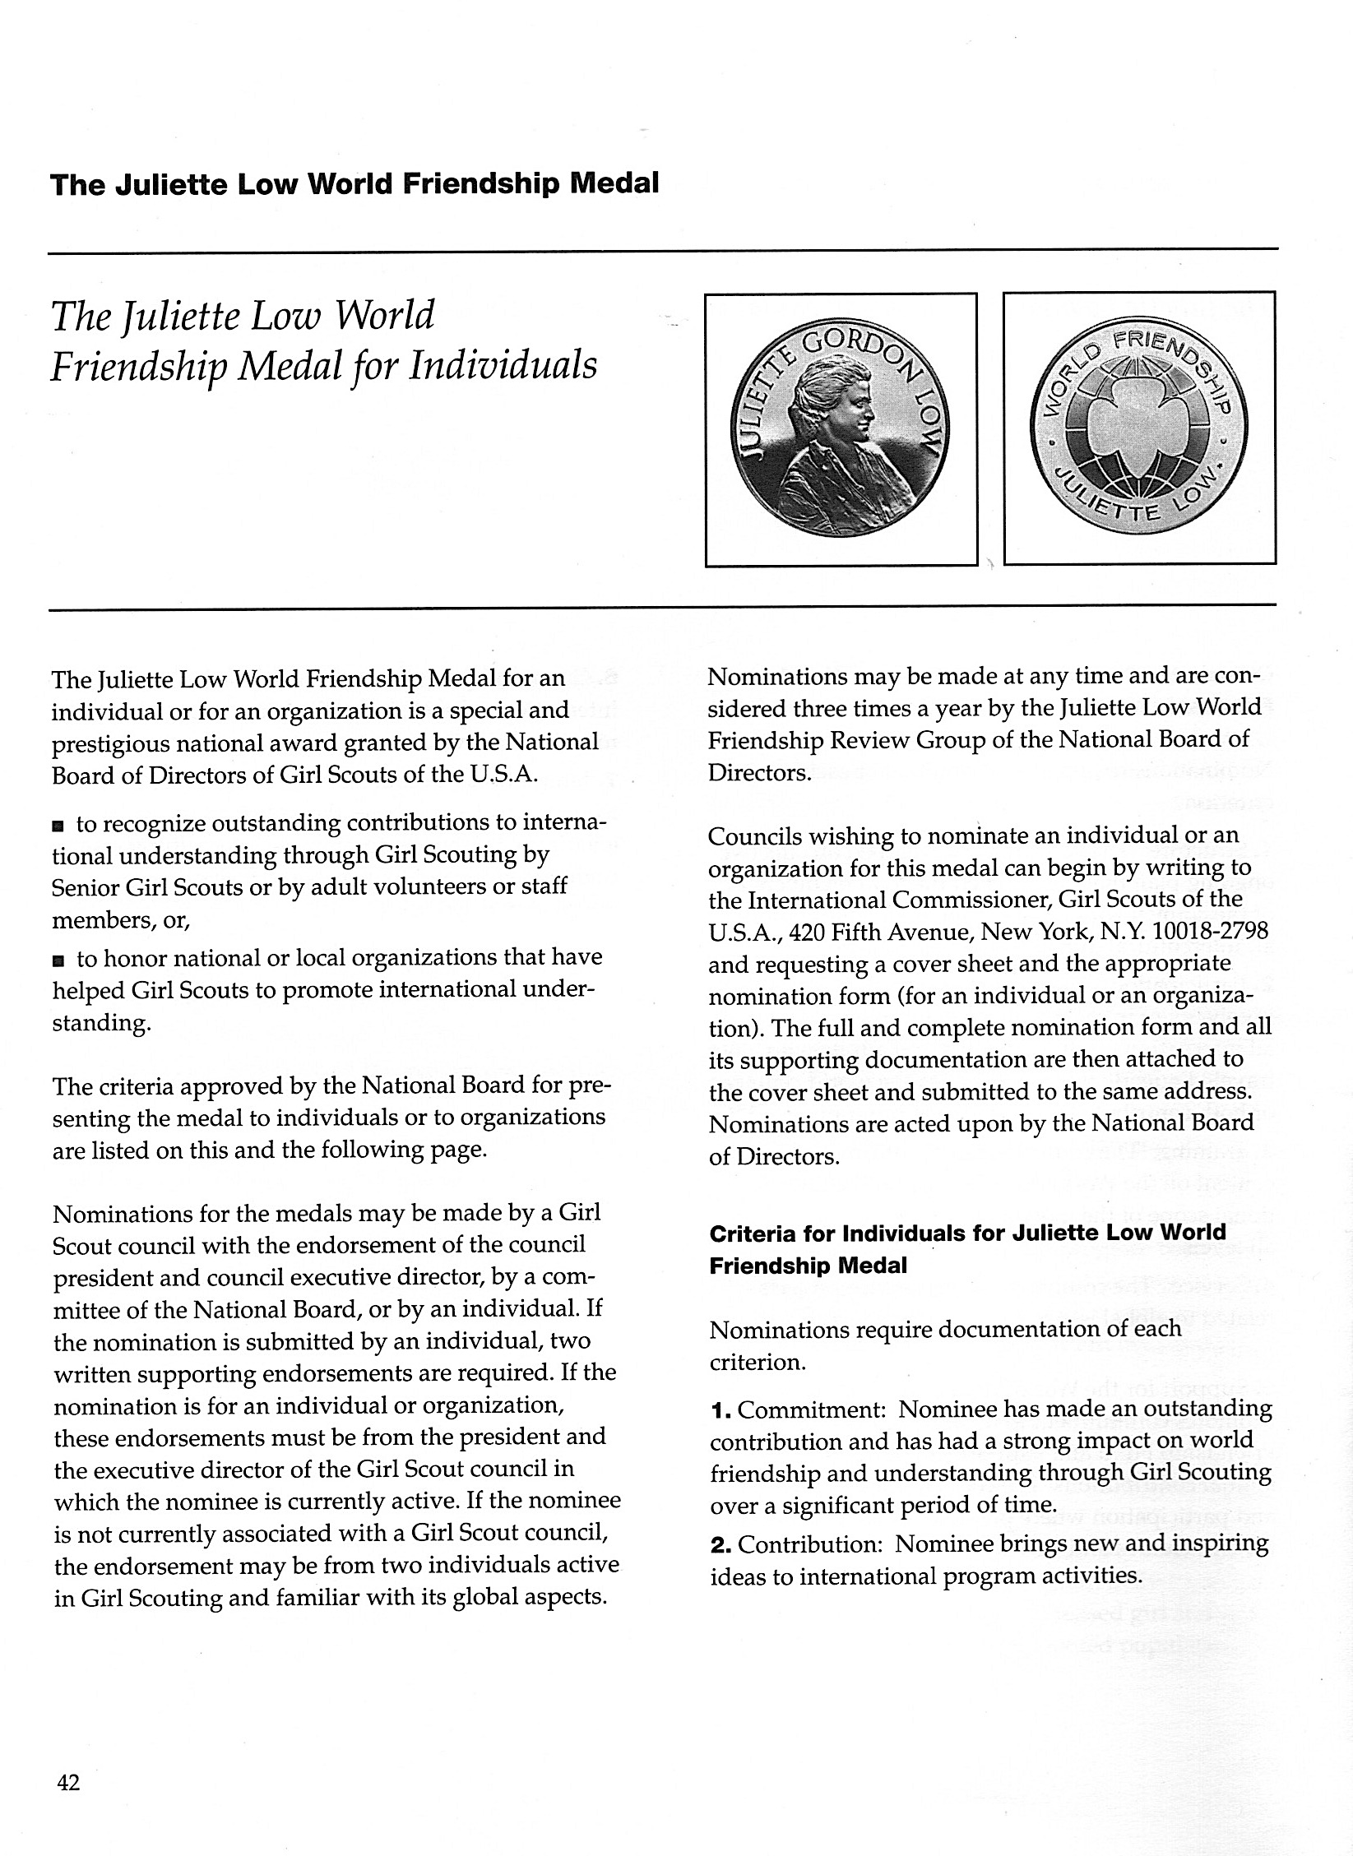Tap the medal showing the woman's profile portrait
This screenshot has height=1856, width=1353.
click(x=840, y=428)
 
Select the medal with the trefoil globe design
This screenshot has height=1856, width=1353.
click(x=1139, y=427)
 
